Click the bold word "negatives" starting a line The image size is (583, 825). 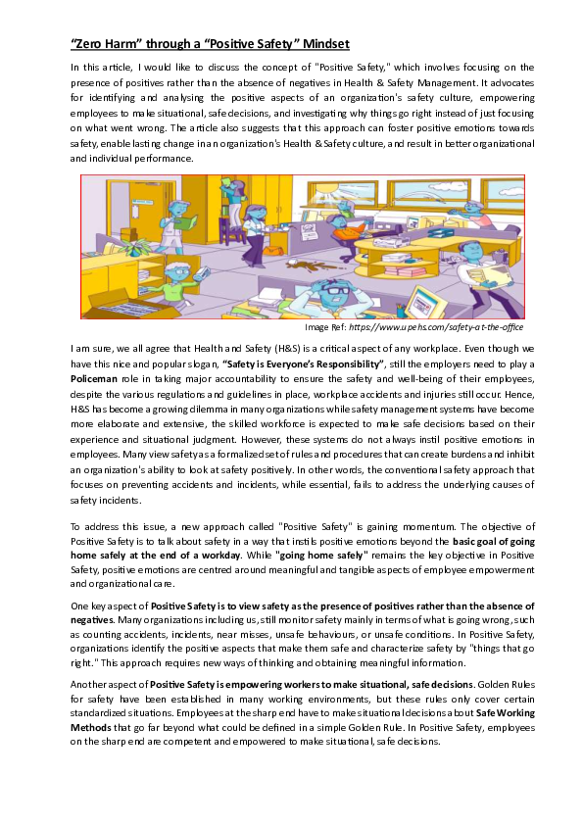[92, 621]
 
